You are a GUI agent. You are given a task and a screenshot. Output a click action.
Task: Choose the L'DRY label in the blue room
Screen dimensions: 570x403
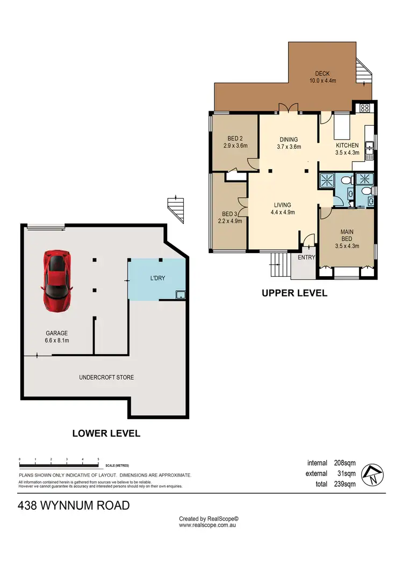click(x=157, y=279)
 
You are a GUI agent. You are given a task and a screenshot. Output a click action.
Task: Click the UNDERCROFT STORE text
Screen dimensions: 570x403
click(x=106, y=378)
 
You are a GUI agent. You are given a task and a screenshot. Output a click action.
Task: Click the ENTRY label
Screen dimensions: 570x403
click(x=307, y=258)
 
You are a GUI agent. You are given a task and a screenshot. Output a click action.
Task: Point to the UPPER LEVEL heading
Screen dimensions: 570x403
click(x=294, y=293)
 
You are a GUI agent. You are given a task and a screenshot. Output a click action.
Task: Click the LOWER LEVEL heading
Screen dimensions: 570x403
click(x=106, y=433)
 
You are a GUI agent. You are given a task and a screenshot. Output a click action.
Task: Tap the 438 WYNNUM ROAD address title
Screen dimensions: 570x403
click(x=74, y=506)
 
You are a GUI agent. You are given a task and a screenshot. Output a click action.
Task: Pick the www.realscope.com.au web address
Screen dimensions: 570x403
click(x=208, y=525)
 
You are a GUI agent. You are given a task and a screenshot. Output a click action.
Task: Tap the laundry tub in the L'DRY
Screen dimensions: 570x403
click(x=181, y=294)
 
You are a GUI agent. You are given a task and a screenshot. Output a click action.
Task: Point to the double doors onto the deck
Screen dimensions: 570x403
click(x=290, y=109)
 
